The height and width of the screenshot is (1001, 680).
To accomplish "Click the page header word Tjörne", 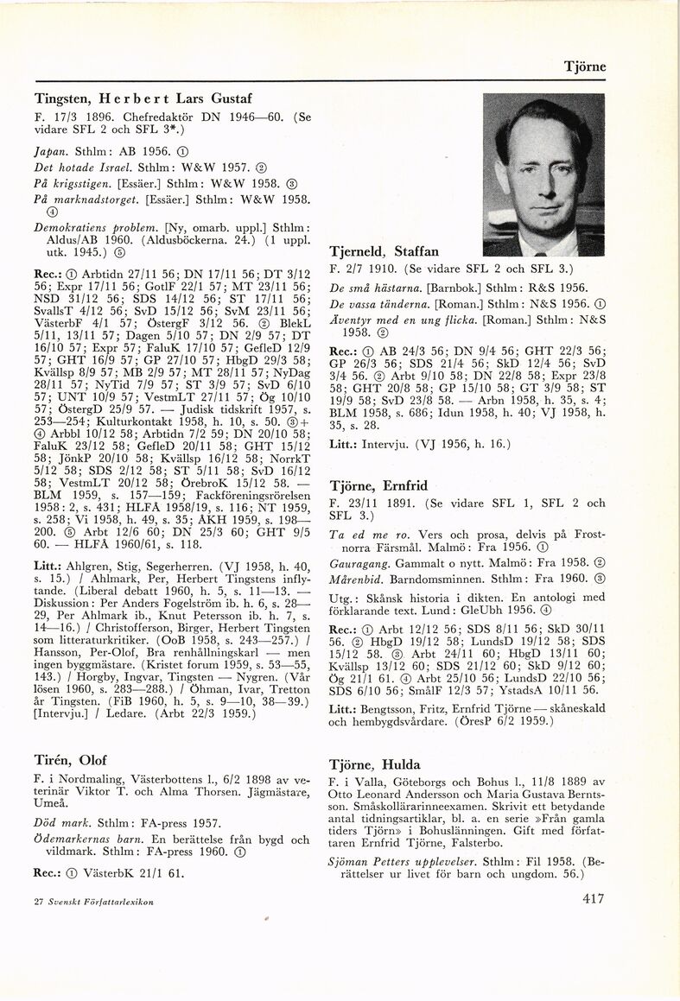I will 585,67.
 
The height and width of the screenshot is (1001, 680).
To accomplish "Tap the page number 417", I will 593,899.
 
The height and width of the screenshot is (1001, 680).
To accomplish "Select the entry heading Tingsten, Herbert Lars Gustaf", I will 143,98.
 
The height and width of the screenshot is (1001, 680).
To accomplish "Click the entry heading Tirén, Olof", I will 71,760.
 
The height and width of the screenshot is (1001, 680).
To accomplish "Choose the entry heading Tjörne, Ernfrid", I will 378,485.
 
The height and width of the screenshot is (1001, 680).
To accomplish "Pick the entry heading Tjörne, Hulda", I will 375,764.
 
